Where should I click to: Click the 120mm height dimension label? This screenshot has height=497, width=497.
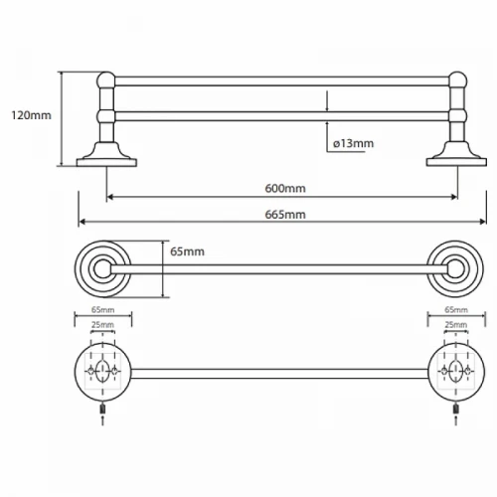(32, 115)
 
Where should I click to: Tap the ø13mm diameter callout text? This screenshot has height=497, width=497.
(353, 143)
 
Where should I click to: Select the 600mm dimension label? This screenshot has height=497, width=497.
(285, 188)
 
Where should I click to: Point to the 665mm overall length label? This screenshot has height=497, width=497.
(285, 215)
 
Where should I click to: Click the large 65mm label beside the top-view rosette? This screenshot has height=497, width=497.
(187, 251)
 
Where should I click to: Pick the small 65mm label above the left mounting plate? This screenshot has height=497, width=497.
(103, 310)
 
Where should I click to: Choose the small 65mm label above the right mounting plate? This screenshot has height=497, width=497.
(456, 310)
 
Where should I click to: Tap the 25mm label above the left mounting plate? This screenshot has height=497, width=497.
(103, 325)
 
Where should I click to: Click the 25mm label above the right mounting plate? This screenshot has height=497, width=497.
(456, 325)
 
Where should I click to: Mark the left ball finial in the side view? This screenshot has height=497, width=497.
(106, 81)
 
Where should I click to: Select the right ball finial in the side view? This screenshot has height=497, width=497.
(457, 81)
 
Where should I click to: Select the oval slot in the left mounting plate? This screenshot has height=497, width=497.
(102, 371)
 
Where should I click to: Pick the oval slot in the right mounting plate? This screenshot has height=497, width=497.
(456, 371)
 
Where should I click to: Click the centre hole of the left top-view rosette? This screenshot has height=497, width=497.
(102, 269)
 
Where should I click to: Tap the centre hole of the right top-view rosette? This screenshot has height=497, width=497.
(455, 269)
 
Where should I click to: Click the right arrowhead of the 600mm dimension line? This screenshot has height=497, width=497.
(454, 198)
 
